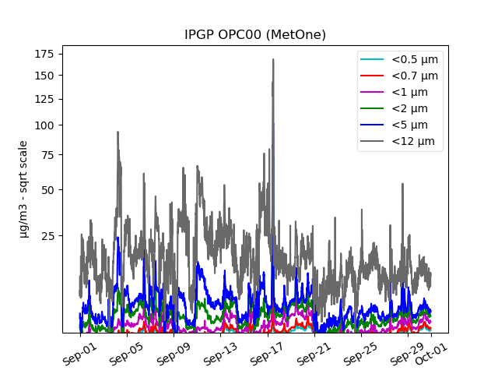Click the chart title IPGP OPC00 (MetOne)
tap(254, 35)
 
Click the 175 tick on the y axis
tap(44, 53)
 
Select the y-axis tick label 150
tap(44, 75)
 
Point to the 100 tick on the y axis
tap(44, 125)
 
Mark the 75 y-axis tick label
tap(46, 154)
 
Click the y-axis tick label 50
tap(46, 189)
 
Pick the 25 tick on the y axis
tap(46, 235)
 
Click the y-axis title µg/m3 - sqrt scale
tap(23, 189)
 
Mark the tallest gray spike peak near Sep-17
tap(273, 59)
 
